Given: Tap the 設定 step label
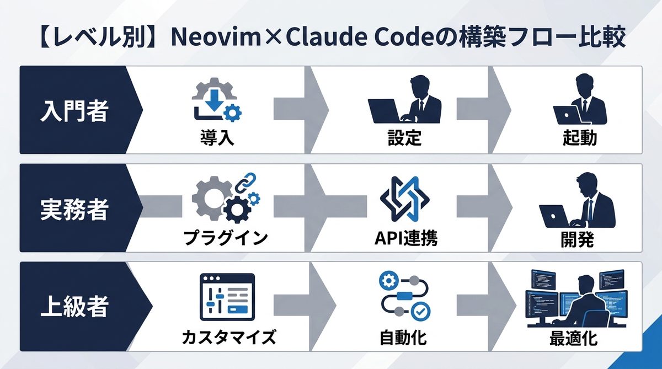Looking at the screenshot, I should pyautogui.click(x=404, y=137).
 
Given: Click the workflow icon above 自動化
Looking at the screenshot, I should pyautogui.click(x=404, y=297).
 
